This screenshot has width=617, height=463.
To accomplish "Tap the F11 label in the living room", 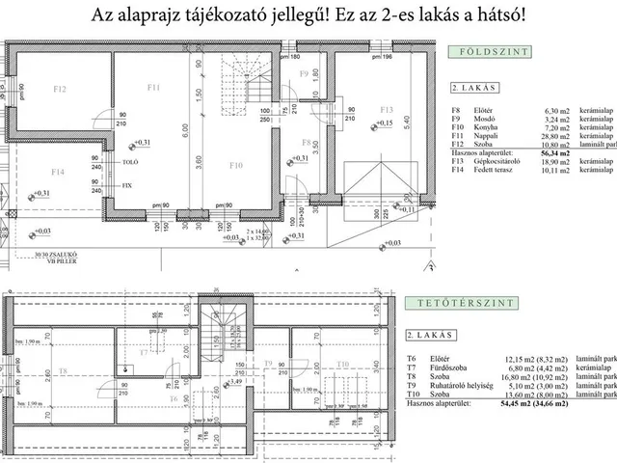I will (153, 88).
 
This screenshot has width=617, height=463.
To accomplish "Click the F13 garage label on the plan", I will (388, 109).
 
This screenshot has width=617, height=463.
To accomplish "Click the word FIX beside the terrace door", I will (128, 183).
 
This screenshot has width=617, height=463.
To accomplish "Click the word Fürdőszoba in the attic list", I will (493, 367).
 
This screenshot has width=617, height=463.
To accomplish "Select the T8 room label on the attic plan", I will (63, 370).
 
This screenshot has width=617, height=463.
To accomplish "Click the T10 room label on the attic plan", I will (343, 364).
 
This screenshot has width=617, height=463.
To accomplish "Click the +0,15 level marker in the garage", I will (384, 123).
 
